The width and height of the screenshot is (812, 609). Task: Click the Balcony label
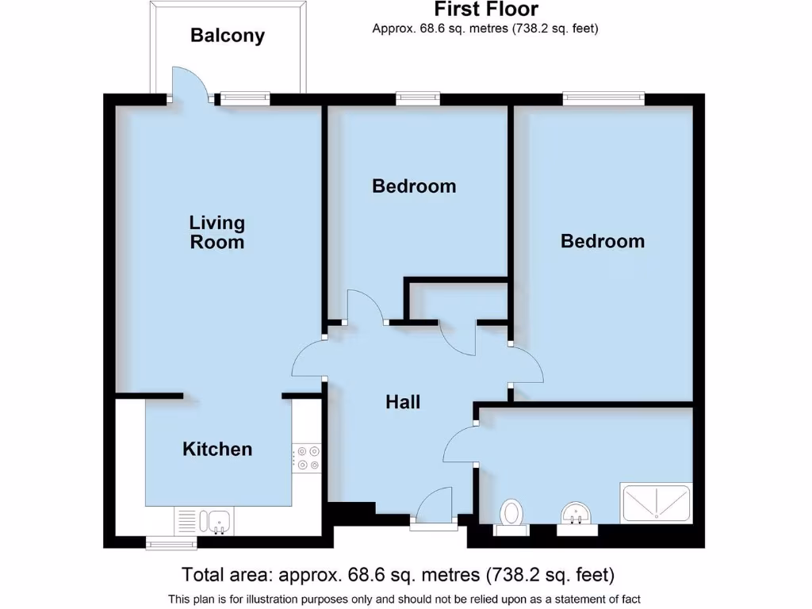[227, 36]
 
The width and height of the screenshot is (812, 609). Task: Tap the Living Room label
[216, 232]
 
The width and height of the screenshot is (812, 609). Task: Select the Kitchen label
[217, 449]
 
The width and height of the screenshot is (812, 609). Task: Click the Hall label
[403, 402]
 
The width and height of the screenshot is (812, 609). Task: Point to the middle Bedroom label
[414, 186]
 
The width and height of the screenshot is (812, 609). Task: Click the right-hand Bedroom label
[602, 241]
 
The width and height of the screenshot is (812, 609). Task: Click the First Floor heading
[485, 10]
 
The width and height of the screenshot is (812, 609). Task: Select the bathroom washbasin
[576, 513]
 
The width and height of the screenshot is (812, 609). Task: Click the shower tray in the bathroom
[657, 503]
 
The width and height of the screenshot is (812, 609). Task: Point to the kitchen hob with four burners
[306, 458]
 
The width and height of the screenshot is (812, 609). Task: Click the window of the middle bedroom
[418, 98]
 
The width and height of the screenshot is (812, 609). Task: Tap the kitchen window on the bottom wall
[171, 542]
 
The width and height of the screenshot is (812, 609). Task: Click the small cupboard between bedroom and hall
[456, 301]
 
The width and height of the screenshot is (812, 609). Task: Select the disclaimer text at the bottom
[404, 599]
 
